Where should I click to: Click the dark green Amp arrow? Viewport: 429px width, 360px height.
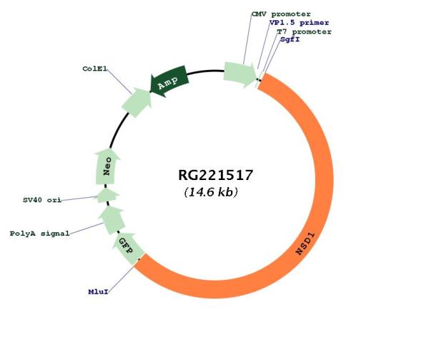click(x=169, y=81)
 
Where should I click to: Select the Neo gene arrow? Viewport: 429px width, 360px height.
click(x=107, y=166)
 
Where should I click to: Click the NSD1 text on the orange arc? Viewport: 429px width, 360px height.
click(x=305, y=244)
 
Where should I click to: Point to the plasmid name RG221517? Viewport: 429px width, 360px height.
click(x=215, y=175)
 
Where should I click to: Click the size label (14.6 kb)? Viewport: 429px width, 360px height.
click(x=211, y=192)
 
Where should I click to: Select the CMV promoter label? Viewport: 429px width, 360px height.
click(x=281, y=14)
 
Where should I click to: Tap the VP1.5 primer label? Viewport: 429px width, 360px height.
click(x=299, y=23)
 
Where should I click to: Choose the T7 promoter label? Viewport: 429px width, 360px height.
click(x=305, y=31)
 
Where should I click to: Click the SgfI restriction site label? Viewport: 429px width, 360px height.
click(x=290, y=39)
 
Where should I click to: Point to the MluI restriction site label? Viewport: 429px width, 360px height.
click(x=98, y=292)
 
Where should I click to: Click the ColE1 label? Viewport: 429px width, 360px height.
click(x=94, y=69)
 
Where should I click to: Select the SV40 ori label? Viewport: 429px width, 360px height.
click(x=42, y=200)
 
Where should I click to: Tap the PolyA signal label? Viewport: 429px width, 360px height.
click(x=39, y=234)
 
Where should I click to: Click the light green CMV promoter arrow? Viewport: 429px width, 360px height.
click(x=240, y=74)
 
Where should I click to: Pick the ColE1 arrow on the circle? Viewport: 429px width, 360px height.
click(x=137, y=101)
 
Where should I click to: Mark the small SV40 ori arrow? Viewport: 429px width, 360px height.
click(x=107, y=196)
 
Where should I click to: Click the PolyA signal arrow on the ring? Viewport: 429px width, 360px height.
click(x=112, y=220)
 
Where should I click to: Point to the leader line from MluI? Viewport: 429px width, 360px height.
click(x=121, y=279)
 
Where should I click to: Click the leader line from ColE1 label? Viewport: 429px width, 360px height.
click(x=119, y=81)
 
